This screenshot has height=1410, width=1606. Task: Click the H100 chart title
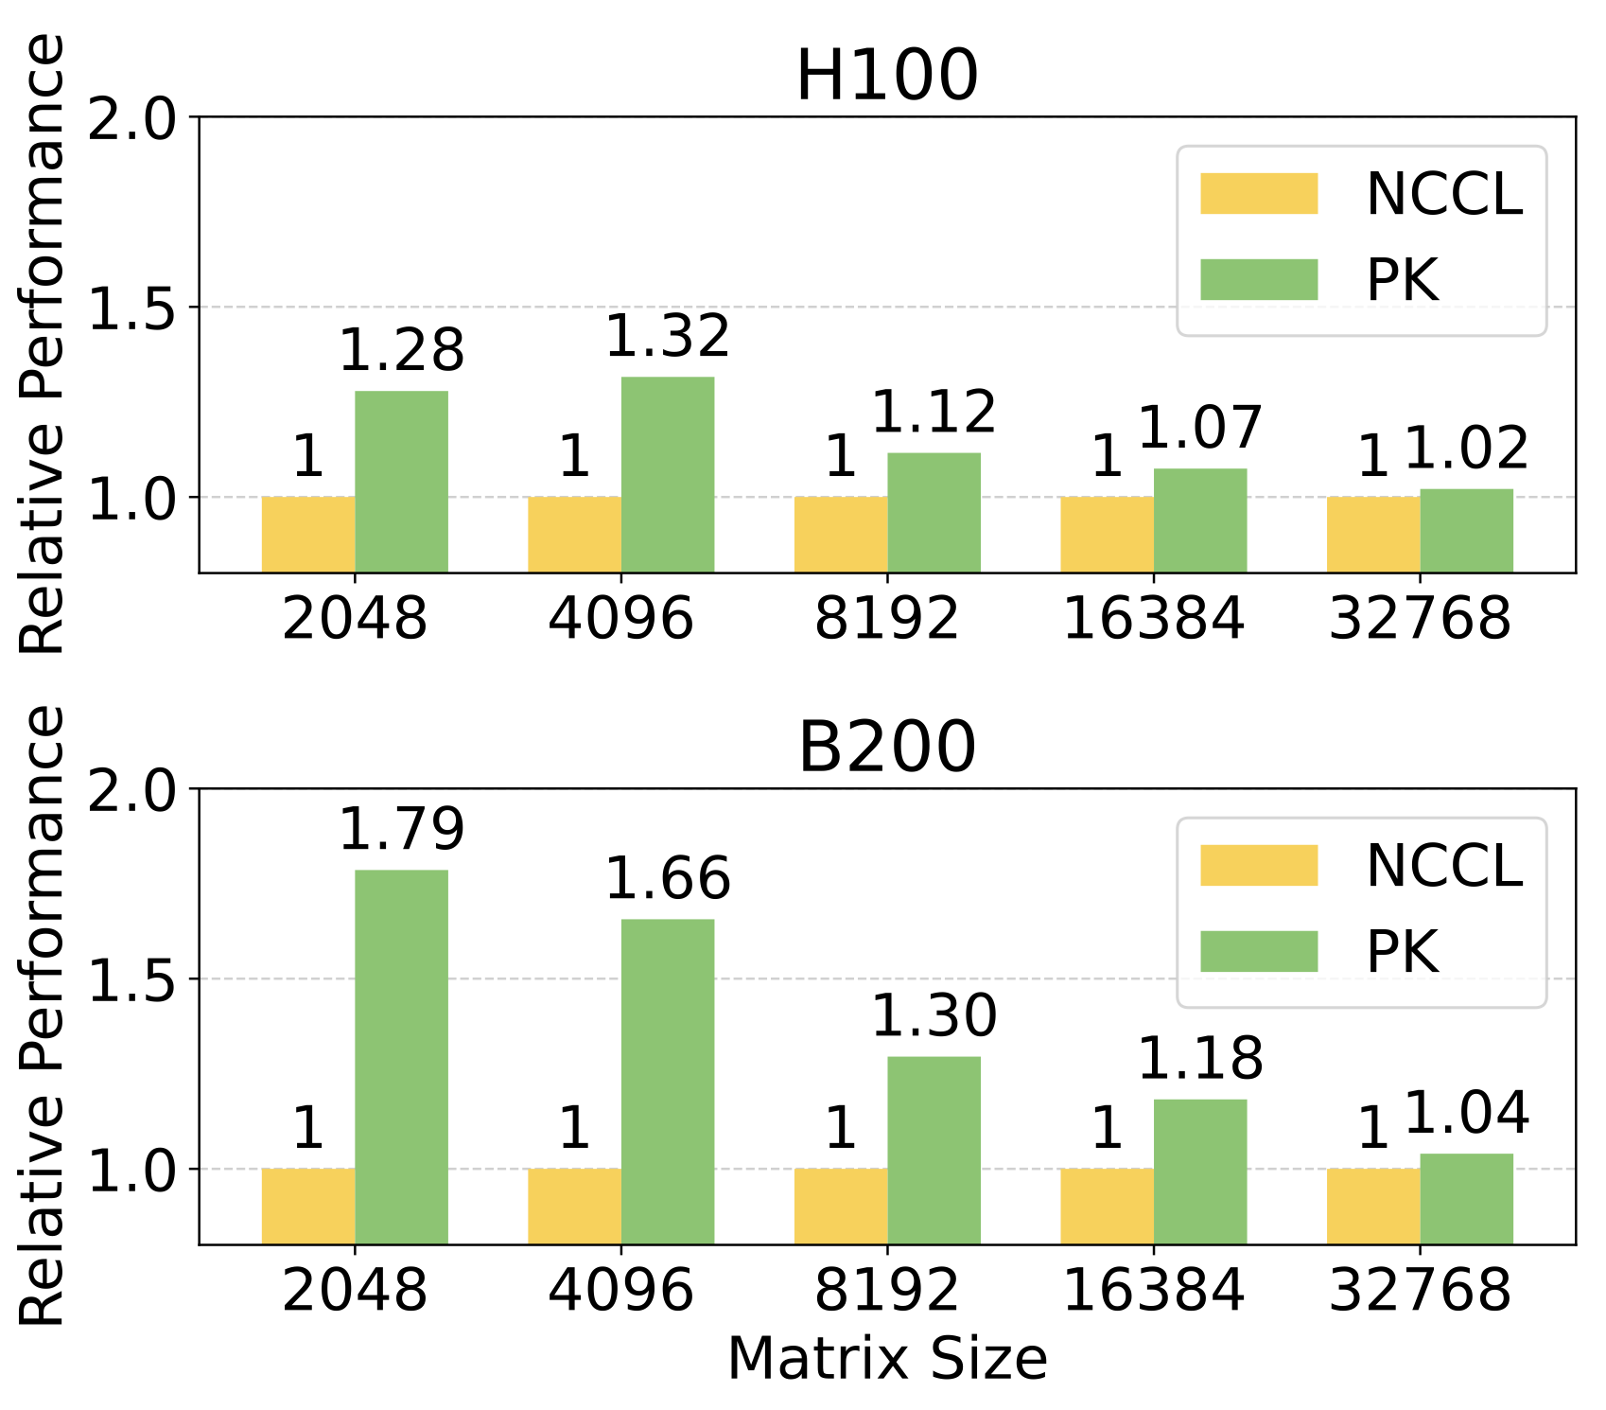click(886, 76)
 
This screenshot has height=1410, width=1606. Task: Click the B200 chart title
click(886, 748)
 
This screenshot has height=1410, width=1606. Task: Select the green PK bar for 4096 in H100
click(668, 473)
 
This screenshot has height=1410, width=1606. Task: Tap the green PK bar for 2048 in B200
click(401, 1055)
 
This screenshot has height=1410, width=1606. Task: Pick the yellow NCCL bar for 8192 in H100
click(841, 534)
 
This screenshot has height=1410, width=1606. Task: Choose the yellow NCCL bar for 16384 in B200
click(1107, 1206)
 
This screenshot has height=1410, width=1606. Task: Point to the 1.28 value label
click(401, 350)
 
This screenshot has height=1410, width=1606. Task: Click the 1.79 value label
click(401, 830)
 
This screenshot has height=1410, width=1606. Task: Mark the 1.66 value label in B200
click(668, 879)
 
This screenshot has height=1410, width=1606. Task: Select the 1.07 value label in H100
click(1199, 428)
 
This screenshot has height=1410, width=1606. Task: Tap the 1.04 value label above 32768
click(1466, 1113)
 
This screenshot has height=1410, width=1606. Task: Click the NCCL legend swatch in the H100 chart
click(1258, 194)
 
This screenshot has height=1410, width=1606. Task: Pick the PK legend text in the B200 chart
click(1402, 951)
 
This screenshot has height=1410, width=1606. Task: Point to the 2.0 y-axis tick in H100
click(131, 119)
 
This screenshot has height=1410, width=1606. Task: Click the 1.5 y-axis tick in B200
click(131, 980)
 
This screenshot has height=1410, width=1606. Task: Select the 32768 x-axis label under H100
click(1419, 619)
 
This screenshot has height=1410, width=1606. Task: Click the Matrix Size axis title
click(886, 1359)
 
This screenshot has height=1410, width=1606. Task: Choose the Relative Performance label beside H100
click(44, 343)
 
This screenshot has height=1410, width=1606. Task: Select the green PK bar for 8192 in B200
click(934, 1149)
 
